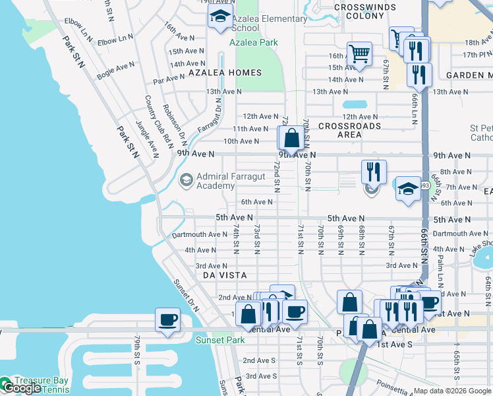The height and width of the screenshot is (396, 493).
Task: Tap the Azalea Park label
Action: (254, 42)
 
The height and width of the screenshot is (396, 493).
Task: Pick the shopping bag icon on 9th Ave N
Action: (291, 138)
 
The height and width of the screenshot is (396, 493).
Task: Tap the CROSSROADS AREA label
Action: (349, 130)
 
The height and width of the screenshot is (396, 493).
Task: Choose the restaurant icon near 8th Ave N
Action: (374, 172)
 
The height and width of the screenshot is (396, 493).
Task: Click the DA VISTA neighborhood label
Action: (224, 275)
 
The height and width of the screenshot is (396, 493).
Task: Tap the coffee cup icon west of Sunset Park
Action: (167, 321)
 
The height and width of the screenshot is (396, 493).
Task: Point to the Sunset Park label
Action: (220, 341)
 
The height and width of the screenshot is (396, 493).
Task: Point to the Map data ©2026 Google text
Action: (451, 391)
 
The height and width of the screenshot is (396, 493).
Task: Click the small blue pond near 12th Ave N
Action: (355, 104)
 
